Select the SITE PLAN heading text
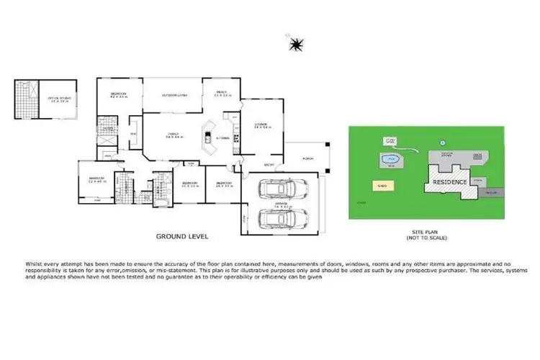click(x=423, y=231)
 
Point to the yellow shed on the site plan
click(x=383, y=186)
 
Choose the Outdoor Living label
click(x=171, y=94)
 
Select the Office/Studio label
click(x=59, y=100)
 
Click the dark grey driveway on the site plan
click(x=489, y=193)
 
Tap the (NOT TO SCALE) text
click(x=423, y=237)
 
